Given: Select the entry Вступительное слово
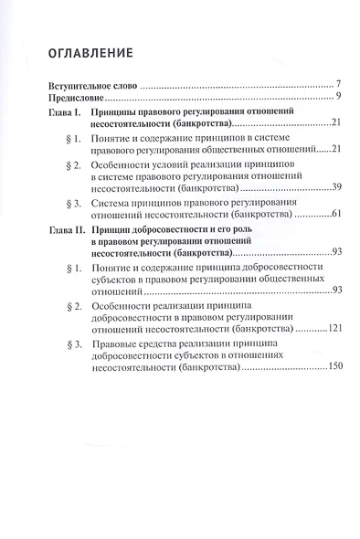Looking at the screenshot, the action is (x=85, y=83).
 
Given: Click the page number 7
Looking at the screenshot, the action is (x=338, y=83).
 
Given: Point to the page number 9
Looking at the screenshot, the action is (x=338, y=95).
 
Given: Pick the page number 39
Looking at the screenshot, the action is (x=336, y=186).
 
